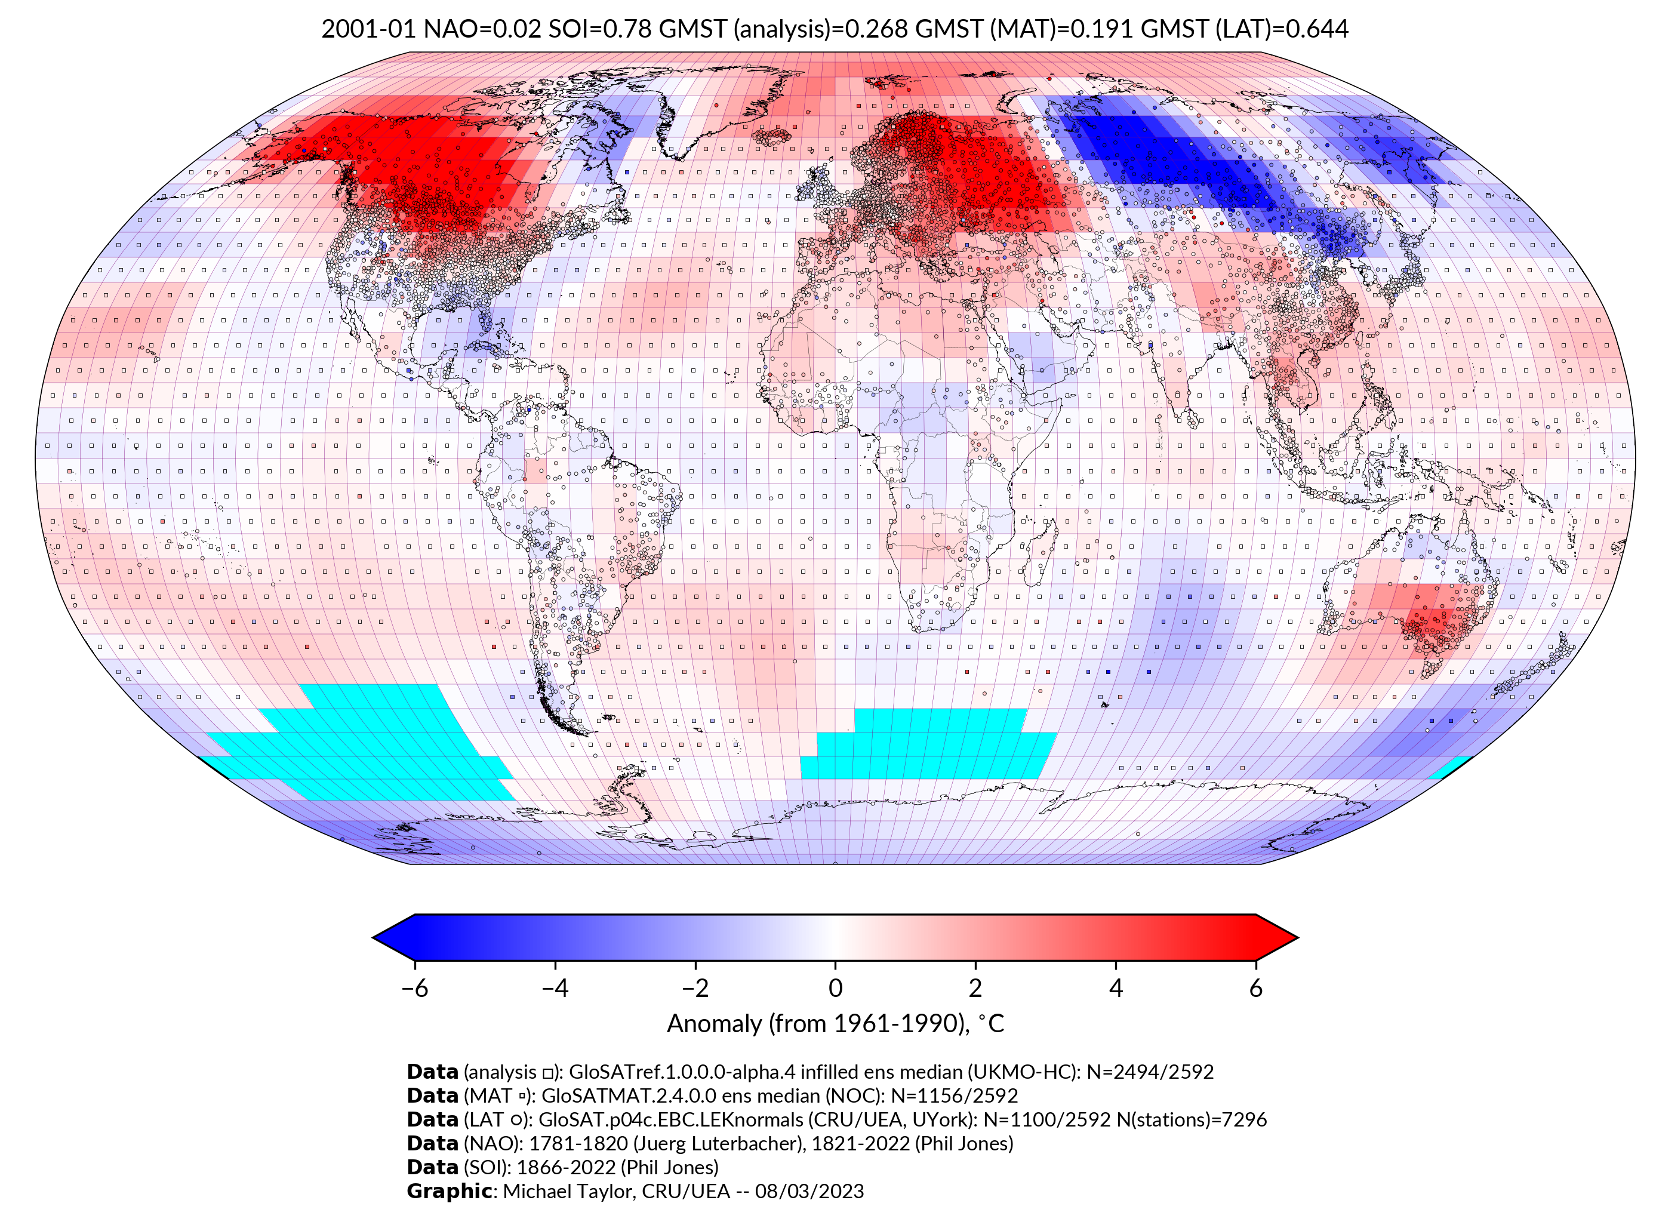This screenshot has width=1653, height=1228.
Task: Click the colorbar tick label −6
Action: [x=414, y=988]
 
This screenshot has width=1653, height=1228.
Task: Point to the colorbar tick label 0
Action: [x=835, y=988]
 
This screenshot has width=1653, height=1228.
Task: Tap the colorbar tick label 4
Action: [x=1116, y=988]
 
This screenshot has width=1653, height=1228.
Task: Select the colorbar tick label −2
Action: [x=695, y=988]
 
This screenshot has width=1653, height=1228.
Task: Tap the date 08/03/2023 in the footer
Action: [x=809, y=1192]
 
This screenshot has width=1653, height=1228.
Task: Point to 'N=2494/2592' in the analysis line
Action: [x=1150, y=1072]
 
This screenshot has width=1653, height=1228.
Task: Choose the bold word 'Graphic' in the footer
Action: [x=449, y=1192]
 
